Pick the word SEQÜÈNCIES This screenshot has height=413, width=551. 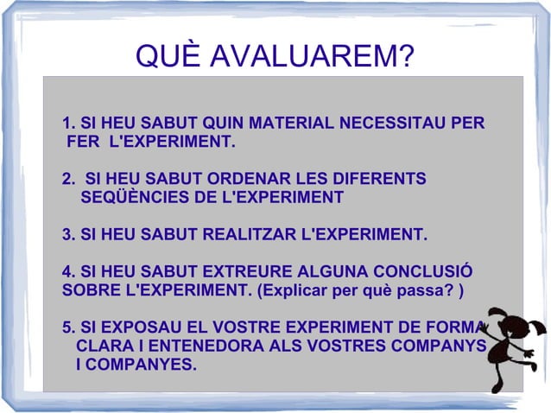[134, 198]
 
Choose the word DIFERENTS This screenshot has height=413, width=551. [383, 179]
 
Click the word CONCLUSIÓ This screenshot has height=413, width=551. [422, 271]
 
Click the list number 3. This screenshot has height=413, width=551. [68, 234]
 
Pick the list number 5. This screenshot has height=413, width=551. [68, 327]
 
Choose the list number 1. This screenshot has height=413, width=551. [68, 123]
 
